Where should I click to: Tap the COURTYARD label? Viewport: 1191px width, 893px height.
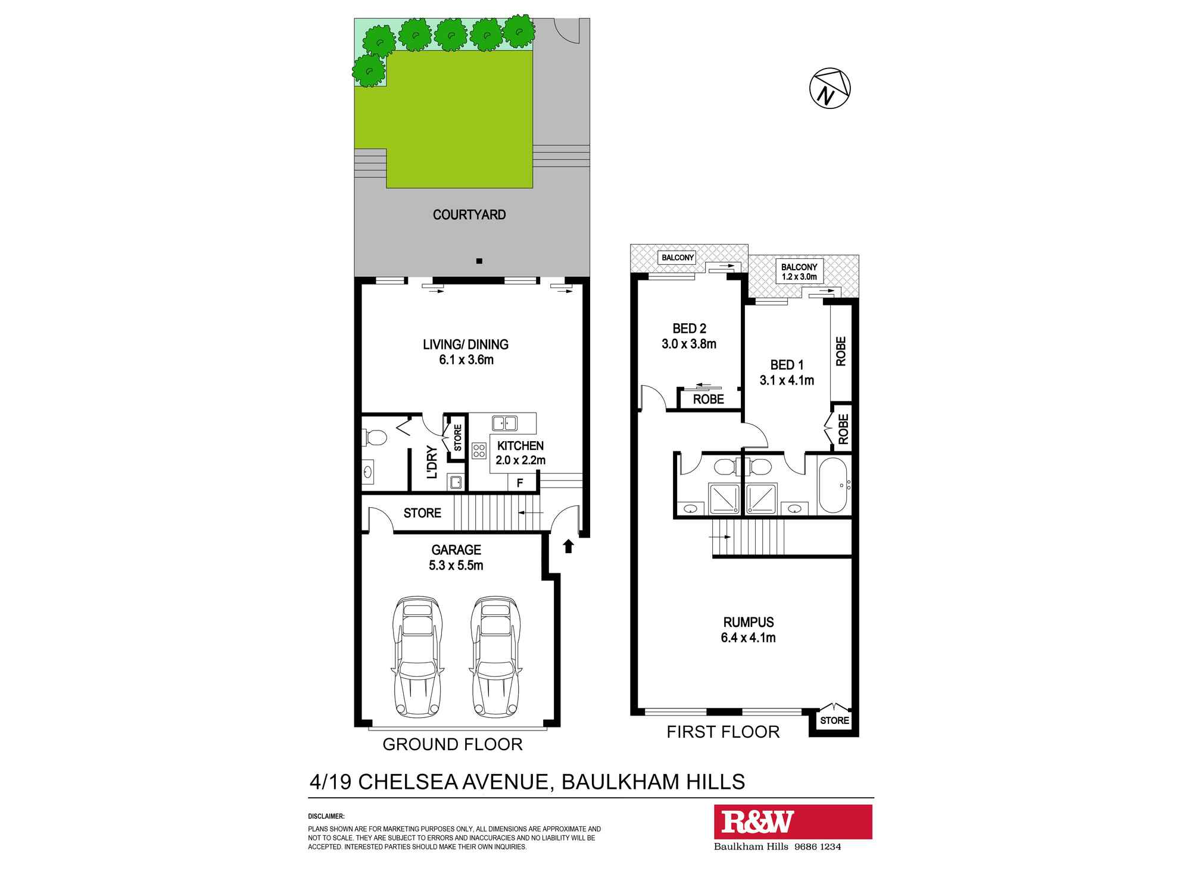(469, 215)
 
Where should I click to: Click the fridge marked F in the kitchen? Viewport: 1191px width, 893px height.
(520, 483)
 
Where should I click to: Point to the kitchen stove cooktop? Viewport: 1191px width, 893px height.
(479, 451)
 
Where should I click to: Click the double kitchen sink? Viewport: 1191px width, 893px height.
(504, 423)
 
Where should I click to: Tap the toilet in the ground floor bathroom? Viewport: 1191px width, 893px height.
(375, 438)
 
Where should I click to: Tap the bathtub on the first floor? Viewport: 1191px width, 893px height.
(833, 485)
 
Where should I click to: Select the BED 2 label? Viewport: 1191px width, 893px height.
(689, 329)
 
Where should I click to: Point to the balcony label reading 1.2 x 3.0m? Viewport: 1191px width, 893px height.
(799, 277)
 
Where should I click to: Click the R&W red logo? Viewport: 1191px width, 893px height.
(793, 822)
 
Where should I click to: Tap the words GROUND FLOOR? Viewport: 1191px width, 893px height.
(453, 744)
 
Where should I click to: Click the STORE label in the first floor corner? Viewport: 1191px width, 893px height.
(834, 720)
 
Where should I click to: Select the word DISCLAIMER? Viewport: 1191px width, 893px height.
(326, 816)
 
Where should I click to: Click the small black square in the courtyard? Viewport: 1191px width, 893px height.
(479, 261)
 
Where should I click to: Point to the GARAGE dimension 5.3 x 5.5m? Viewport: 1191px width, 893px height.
(456, 566)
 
